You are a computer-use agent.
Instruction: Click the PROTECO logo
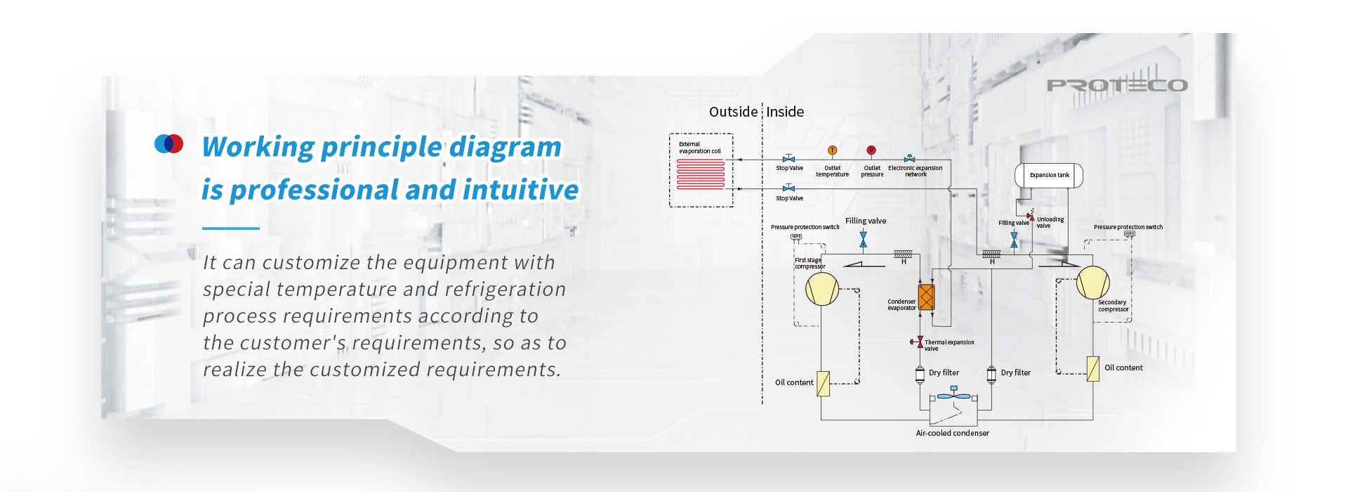coord(1117,86)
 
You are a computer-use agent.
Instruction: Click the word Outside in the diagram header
coord(733,112)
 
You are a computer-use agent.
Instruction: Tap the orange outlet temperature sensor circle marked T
coord(832,150)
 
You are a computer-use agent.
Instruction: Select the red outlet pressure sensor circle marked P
coord(871,150)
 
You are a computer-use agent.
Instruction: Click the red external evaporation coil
coord(701,174)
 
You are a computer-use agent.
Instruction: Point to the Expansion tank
coord(1049,175)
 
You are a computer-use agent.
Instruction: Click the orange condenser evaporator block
coord(926,297)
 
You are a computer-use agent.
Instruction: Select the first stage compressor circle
coord(822,289)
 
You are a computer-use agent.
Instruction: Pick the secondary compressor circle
coord(1093,283)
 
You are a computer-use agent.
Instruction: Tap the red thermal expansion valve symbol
coord(919,342)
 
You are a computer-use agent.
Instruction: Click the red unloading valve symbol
coord(1031,217)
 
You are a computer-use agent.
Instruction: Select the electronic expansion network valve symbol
coord(910,159)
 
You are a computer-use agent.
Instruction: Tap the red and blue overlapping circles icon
coord(168,143)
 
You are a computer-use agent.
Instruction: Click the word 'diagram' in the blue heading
coord(505,147)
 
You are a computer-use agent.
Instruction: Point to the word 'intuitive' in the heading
coord(520,190)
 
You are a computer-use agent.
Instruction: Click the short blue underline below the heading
coord(231,228)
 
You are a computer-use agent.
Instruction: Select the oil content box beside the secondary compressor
coord(1092,368)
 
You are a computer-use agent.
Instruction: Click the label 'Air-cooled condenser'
coord(952,433)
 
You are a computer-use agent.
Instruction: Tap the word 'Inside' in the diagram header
coord(785,112)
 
